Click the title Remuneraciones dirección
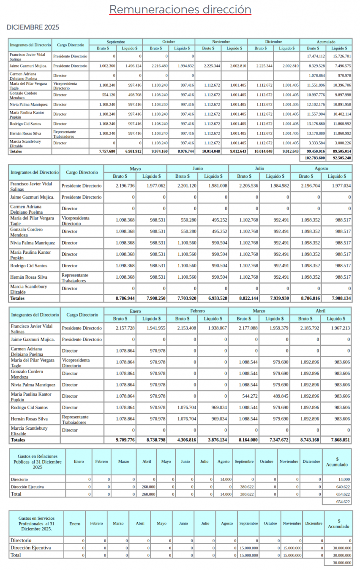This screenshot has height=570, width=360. click(x=180, y=9)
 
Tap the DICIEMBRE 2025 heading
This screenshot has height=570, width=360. click(x=33, y=27)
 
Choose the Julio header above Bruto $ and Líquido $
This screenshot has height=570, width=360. click(x=259, y=168)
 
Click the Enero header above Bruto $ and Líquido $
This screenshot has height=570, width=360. click(x=136, y=311)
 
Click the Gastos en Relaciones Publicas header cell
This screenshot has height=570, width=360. click(x=38, y=461)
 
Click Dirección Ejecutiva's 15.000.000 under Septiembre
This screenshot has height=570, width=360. click(x=249, y=548)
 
